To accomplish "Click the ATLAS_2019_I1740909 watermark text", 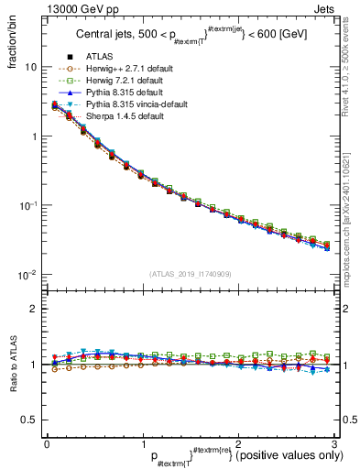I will point(191,274).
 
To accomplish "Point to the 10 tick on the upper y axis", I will point(30,68).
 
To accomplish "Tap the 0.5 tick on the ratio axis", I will point(27,420).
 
